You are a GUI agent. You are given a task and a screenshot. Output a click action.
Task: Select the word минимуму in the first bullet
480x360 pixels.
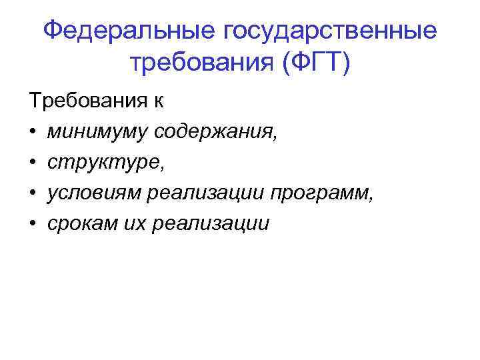point(97,133)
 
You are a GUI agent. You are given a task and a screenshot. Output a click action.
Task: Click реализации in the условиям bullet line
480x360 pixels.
point(204,193)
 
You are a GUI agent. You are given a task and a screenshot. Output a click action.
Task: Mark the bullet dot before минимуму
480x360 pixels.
point(33,133)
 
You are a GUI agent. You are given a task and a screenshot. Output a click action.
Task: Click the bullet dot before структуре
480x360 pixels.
point(33,163)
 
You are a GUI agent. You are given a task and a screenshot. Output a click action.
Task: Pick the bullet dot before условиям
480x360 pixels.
point(33,193)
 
